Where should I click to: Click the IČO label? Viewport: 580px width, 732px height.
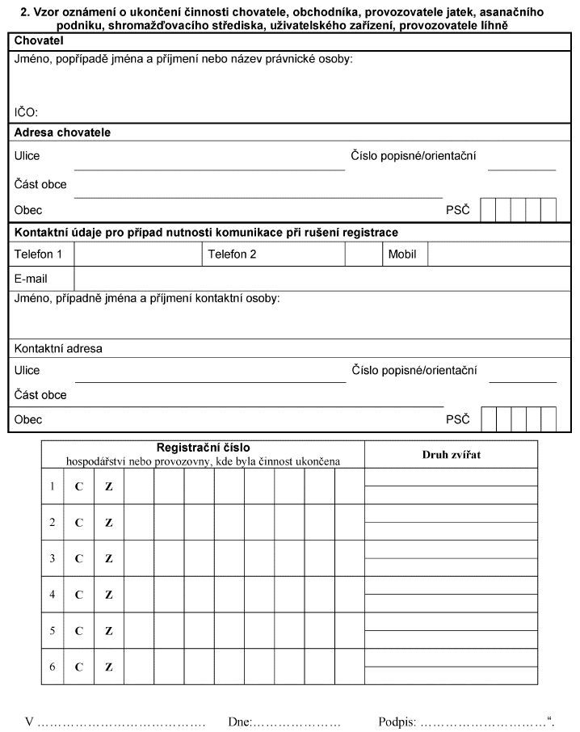pyautogui.click(x=26, y=112)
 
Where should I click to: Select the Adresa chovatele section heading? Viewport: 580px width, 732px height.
pyautogui.click(x=62, y=132)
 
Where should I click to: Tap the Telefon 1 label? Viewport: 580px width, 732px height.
pyautogui.click(x=38, y=254)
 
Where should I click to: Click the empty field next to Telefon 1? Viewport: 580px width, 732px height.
pyautogui.click(x=137, y=254)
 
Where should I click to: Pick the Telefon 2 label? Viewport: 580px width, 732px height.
pyautogui.click(x=232, y=254)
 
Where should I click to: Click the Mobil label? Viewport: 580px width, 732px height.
pyautogui.click(x=402, y=254)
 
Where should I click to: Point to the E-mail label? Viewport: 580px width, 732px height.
pyautogui.click(x=31, y=278)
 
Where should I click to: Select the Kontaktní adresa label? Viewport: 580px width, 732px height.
pyautogui.click(x=58, y=349)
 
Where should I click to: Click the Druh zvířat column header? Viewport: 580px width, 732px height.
pyautogui.click(x=451, y=454)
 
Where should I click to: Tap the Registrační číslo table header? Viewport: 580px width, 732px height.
pyautogui.click(x=203, y=447)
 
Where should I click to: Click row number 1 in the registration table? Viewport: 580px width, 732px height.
pyautogui.click(x=53, y=486)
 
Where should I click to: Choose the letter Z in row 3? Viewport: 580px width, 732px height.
pyautogui.click(x=109, y=559)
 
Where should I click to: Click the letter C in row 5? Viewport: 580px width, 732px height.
pyautogui.click(x=79, y=631)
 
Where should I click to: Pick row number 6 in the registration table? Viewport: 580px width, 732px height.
pyautogui.click(x=53, y=667)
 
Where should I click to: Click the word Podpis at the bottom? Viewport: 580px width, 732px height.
pyautogui.click(x=396, y=721)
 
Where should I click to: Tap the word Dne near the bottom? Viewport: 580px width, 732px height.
pyautogui.click(x=240, y=721)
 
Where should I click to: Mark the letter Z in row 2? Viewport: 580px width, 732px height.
pyautogui.click(x=109, y=523)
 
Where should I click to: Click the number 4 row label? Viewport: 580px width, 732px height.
pyautogui.click(x=53, y=595)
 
